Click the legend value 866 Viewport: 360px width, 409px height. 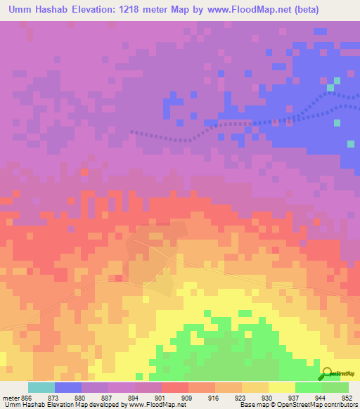(x=26, y=397)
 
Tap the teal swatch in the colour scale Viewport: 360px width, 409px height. (x=41, y=387)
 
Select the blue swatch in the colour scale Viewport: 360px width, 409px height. (x=68, y=387)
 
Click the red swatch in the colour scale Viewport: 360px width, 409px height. (x=175, y=387)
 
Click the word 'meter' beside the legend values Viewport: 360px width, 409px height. (x=10, y=397)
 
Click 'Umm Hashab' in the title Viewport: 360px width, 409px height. (x=39, y=10)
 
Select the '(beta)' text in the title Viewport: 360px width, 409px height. (x=300, y=10)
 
